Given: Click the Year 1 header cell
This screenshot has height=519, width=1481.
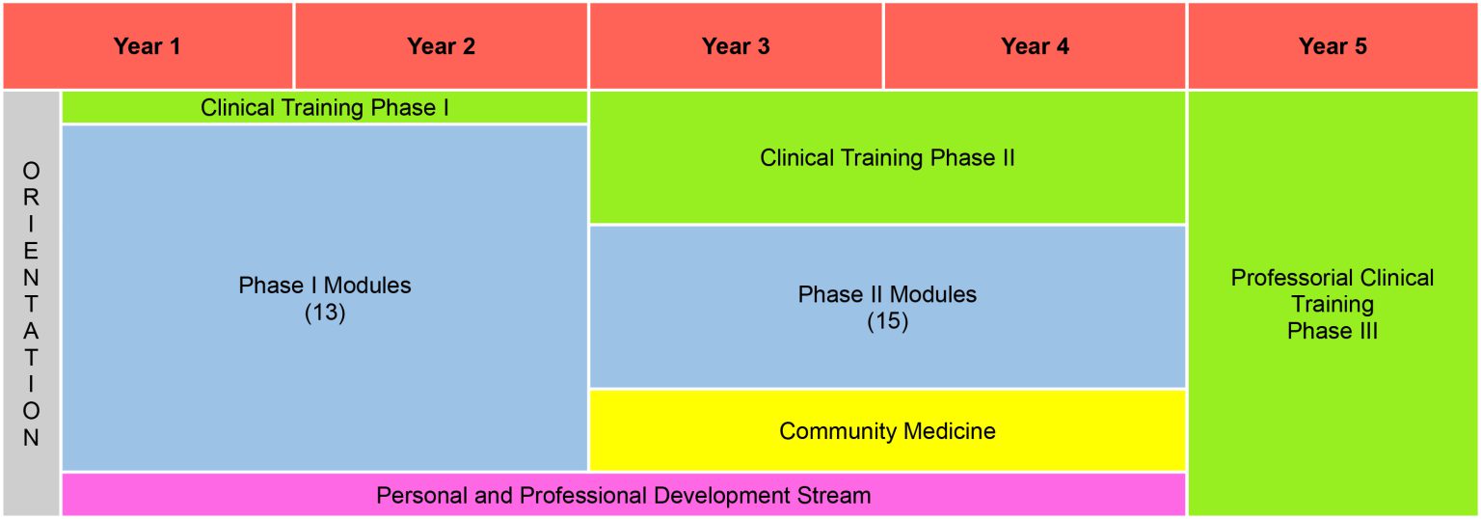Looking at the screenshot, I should click(147, 46).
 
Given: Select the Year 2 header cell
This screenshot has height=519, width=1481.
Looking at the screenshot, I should click(441, 46).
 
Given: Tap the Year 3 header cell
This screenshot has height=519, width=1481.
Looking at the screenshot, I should click(736, 46).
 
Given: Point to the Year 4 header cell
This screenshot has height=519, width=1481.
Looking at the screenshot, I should click(1035, 46).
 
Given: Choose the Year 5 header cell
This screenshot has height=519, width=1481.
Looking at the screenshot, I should click(1333, 46).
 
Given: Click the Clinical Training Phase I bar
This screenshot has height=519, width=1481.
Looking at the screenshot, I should click(324, 107).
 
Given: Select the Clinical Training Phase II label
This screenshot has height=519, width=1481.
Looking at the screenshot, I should click(887, 157).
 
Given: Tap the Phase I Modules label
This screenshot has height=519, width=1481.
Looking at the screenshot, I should click(324, 286).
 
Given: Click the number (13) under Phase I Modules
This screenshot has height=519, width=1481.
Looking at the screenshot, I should click(324, 314).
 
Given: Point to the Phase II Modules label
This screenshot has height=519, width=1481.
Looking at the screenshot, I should click(887, 294).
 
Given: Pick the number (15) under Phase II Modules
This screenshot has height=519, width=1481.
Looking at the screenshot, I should click(887, 321).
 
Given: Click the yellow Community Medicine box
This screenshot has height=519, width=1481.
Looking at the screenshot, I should click(887, 430).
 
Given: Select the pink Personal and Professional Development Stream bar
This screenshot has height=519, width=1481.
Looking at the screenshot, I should click(623, 495).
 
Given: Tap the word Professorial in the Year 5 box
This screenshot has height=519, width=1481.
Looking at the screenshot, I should click(1279, 278).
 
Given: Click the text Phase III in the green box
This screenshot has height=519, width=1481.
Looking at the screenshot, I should click(1333, 331).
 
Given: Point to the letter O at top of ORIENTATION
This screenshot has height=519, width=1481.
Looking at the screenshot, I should click(32, 172).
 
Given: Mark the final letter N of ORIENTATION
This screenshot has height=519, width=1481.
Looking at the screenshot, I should click(32, 438).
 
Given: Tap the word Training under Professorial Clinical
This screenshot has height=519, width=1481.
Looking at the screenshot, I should click(1333, 304).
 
